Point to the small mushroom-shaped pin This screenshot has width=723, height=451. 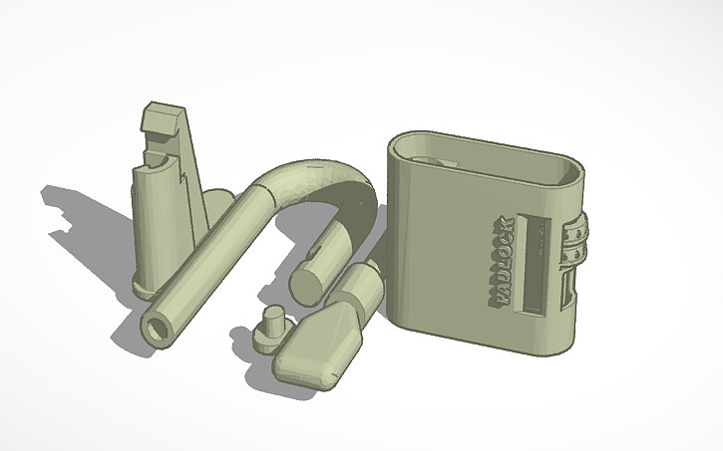[270, 328]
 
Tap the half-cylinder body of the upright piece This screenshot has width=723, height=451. [160, 219]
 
